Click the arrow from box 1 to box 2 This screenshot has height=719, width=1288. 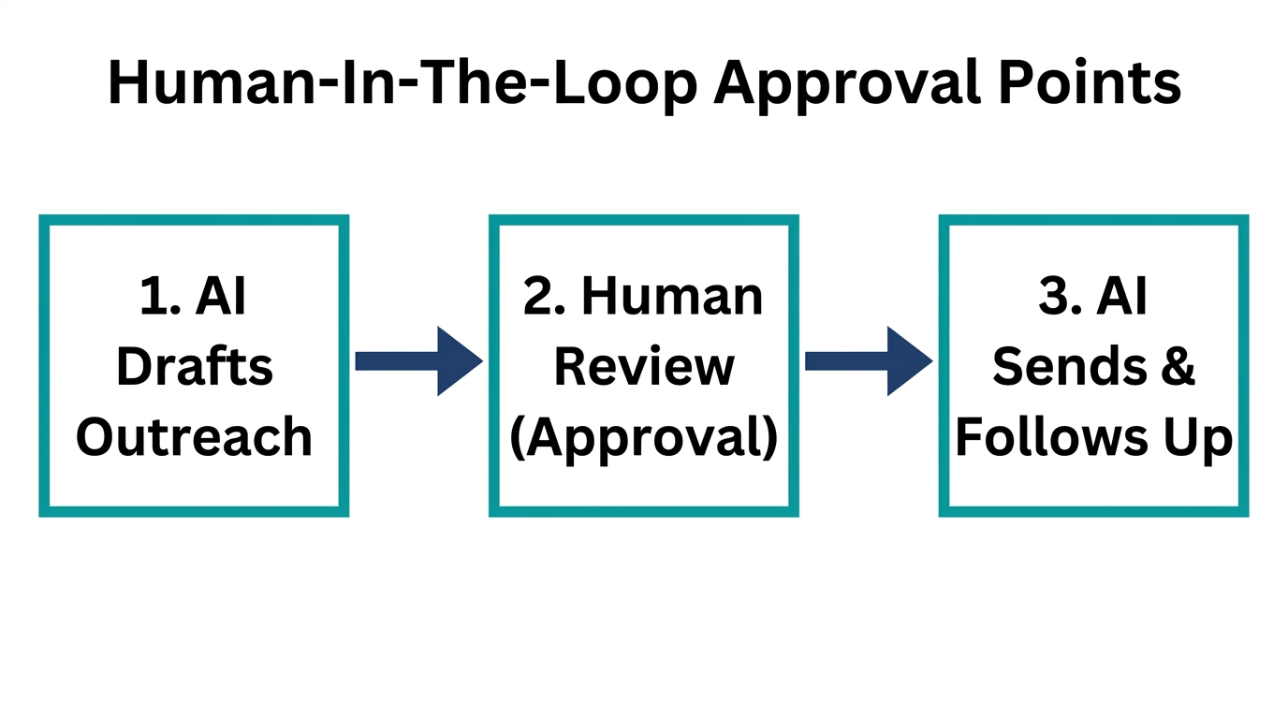click(x=418, y=361)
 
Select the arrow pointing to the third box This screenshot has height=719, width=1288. click(x=869, y=361)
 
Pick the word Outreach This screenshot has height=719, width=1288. click(x=195, y=437)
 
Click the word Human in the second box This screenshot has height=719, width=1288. click(x=672, y=297)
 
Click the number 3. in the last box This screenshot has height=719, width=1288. click(x=1059, y=297)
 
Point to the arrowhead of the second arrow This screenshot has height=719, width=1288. click(x=908, y=361)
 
